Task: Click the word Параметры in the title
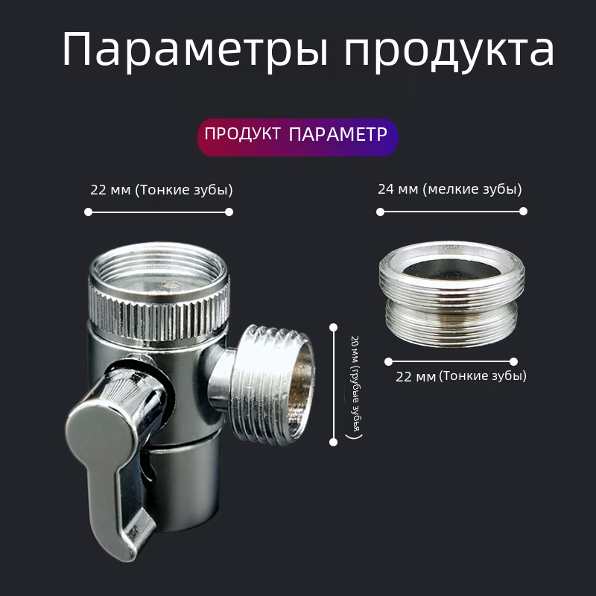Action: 195,50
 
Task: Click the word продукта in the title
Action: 449,51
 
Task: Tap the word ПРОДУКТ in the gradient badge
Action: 243,134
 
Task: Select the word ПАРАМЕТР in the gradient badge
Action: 337,134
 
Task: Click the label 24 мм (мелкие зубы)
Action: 450,189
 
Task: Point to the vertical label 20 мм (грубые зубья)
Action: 355,387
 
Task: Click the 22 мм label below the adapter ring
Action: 461,376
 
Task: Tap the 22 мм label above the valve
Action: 162,189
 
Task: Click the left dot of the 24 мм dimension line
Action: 380,212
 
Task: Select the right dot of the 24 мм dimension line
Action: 524,212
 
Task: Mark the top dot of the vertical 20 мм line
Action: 333,327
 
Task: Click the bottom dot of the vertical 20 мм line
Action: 333,442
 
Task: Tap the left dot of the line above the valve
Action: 88,212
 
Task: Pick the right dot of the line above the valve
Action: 229,212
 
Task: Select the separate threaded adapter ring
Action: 451,294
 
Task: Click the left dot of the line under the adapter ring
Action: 388,361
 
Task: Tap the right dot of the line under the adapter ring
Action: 513,361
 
